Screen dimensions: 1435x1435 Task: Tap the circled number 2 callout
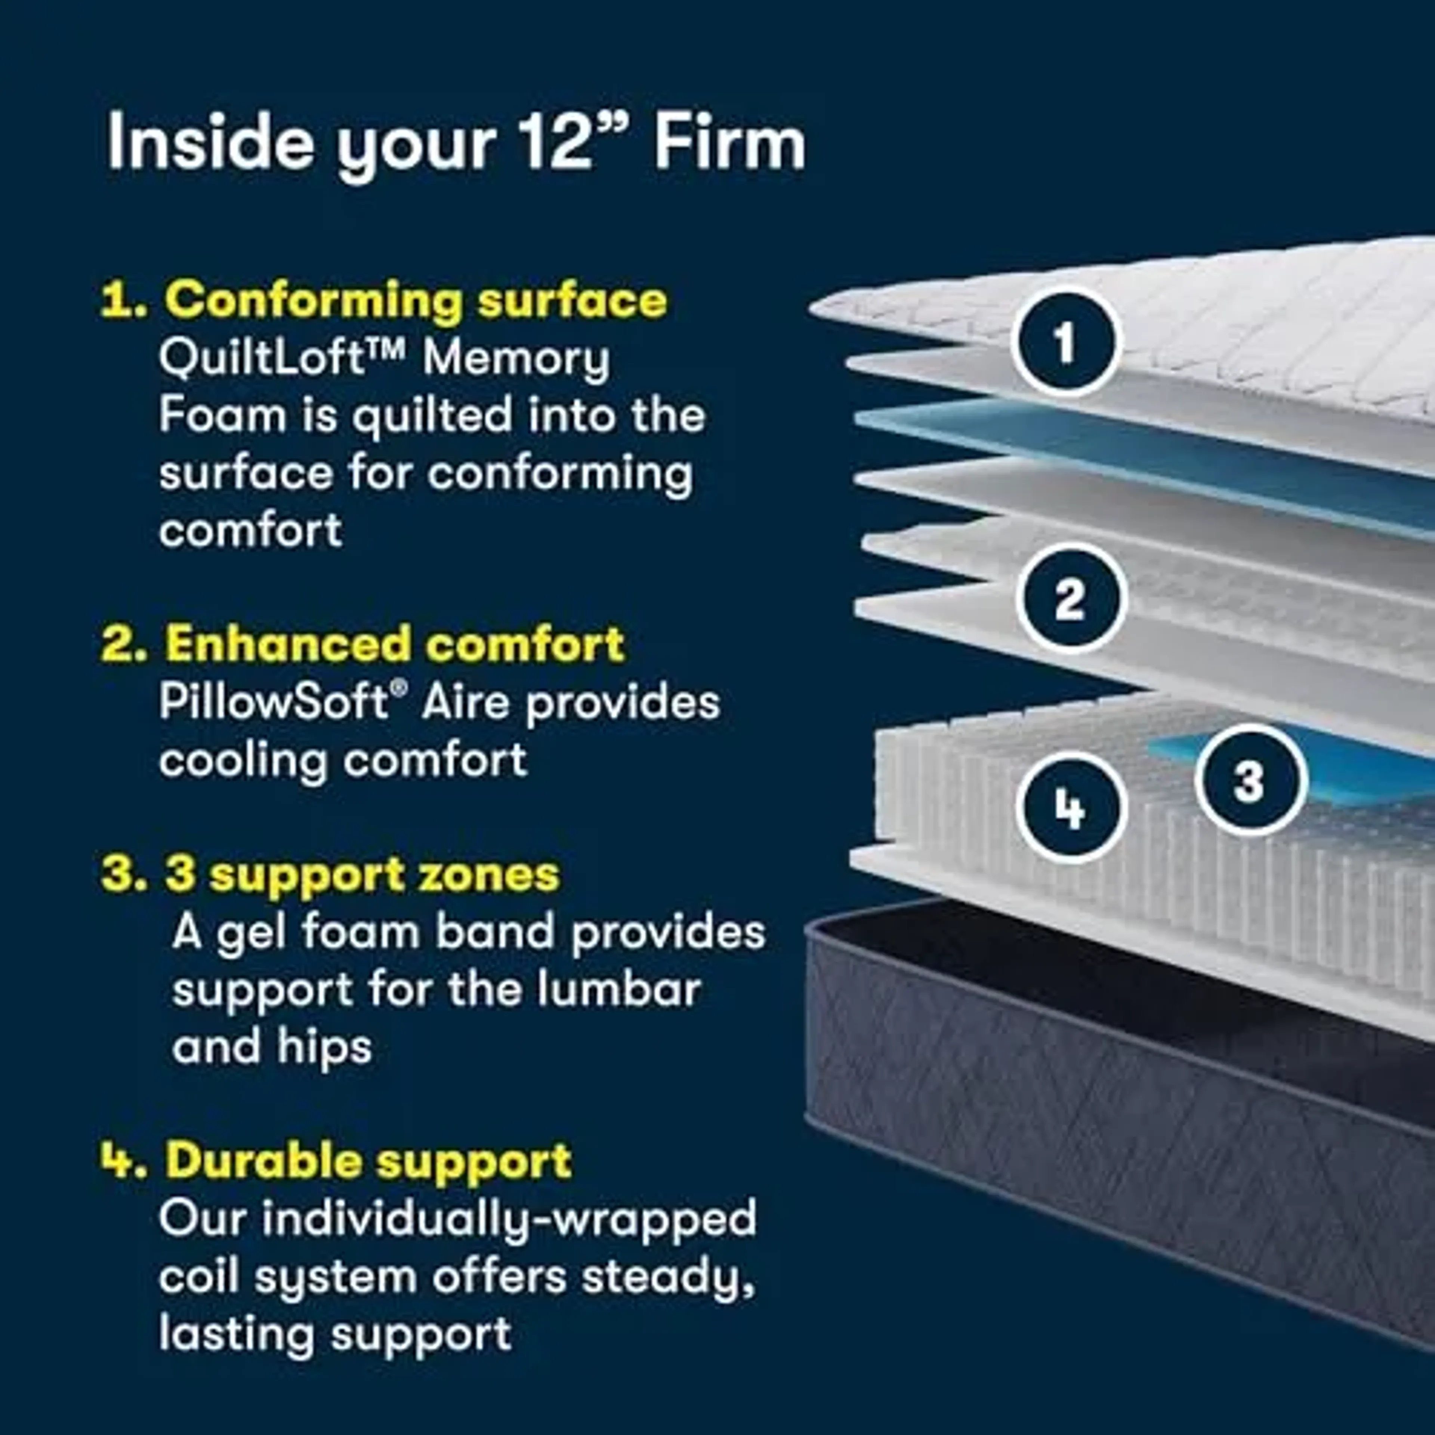[x=1070, y=599]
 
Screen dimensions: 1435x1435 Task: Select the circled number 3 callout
[x=1250, y=780]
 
